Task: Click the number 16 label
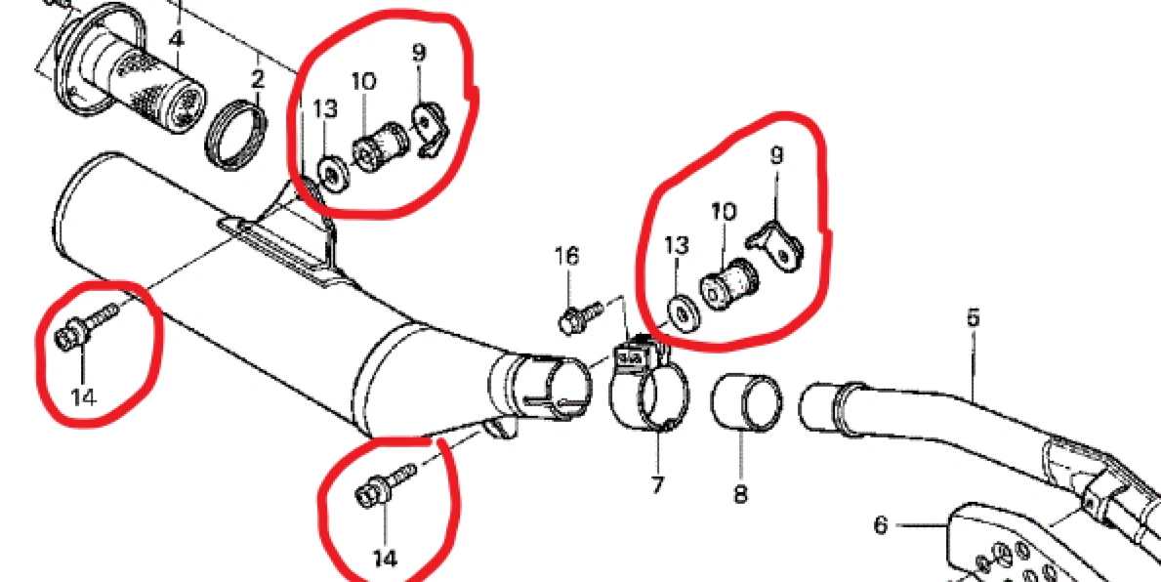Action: coord(568,257)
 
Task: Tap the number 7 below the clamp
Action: coord(657,485)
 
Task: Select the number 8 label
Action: coord(741,493)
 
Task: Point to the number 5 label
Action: coord(973,317)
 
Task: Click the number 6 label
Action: coord(881,525)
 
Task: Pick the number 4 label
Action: coord(176,39)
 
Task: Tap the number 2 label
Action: coord(258,78)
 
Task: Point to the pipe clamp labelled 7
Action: coord(647,385)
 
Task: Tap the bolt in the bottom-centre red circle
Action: coord(386,486)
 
